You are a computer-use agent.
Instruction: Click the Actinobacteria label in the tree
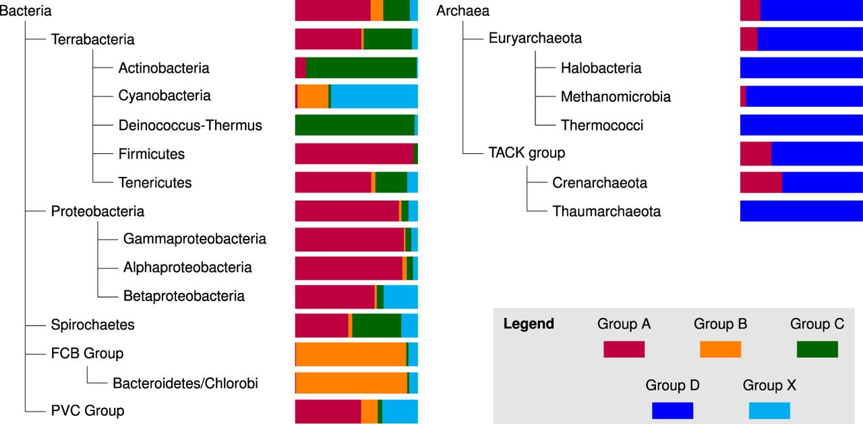tap(164, 68)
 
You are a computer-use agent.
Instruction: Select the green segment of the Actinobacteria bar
tap(361, 68)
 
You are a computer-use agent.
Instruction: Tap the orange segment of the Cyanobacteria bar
tap(313, 97)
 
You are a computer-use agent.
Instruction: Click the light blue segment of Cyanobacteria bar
tap(374, 97)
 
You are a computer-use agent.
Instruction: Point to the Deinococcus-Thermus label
tap(190, 126)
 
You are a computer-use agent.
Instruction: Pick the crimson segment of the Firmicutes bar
tap(354, 154)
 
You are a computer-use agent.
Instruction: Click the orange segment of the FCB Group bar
tap(351, 354)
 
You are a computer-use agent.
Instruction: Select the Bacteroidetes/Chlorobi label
tap(185, 383)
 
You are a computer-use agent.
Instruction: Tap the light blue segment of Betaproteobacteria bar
tap(400, 296)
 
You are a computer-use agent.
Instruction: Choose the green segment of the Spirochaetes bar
tap(376, 325)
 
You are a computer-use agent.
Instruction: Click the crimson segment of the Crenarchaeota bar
tap(761, 182)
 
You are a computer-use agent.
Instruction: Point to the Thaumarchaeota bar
tap(801, 211)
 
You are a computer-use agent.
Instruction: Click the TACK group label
tap(527, 153)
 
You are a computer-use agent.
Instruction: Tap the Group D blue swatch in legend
tap(672, 410)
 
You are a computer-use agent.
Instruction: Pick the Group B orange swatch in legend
tap(720, 349)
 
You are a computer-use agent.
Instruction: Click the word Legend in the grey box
tap(529, 324)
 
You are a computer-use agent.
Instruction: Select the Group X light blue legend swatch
tap(769, 410)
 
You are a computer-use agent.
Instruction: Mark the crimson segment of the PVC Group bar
tap(328, 411)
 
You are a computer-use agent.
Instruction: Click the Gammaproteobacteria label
tap(195, 239)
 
